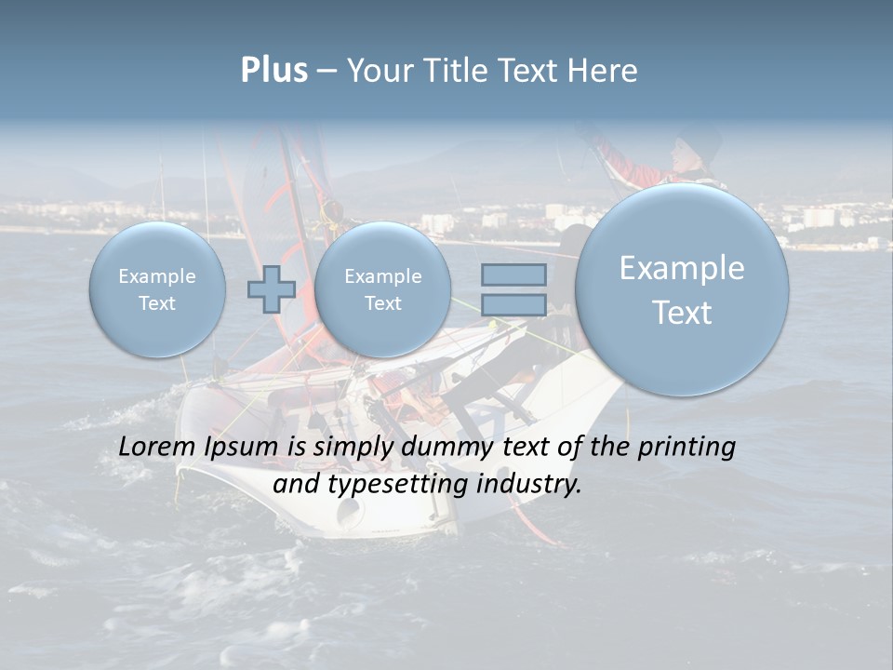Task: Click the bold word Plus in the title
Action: [x=273, y=71]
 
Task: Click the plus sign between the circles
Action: [x=271, y=288]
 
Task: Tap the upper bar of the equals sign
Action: [x=513, y=275]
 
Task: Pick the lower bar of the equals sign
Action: [x=513, y=304]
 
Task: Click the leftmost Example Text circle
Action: [x=157, y=289]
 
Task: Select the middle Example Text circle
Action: [x=382, y=289]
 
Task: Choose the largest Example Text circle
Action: [x=682, y=289]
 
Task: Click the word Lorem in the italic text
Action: [x=157, y=448]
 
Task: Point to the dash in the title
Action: [x=327, y=72]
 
